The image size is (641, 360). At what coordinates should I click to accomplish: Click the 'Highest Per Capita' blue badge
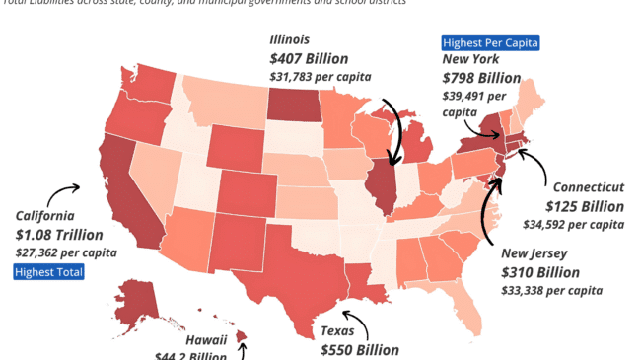click(490, 43)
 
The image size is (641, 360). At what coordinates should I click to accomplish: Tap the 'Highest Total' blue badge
click(48, 272)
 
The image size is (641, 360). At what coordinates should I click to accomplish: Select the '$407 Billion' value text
click(309, 58)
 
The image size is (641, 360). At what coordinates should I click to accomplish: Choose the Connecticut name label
click(588, 187)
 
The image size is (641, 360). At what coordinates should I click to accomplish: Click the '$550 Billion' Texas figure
click(359, 349)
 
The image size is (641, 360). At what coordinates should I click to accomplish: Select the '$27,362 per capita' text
click(66, 252)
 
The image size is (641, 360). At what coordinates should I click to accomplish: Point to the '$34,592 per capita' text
click(573, 224)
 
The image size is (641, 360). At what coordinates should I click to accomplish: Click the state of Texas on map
click(291, 261)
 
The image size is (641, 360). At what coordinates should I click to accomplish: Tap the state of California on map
click(118, 197)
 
